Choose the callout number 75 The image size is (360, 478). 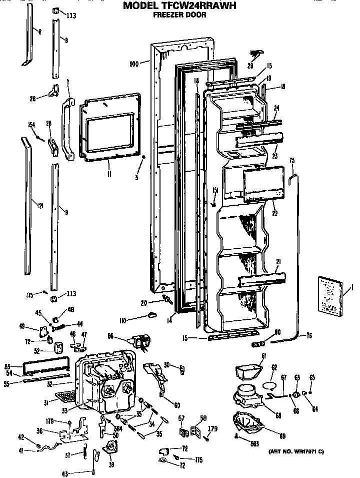[x=292, y=161]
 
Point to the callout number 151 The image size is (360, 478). [x=215, y=190]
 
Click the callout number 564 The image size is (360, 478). [x=117, y=428]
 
